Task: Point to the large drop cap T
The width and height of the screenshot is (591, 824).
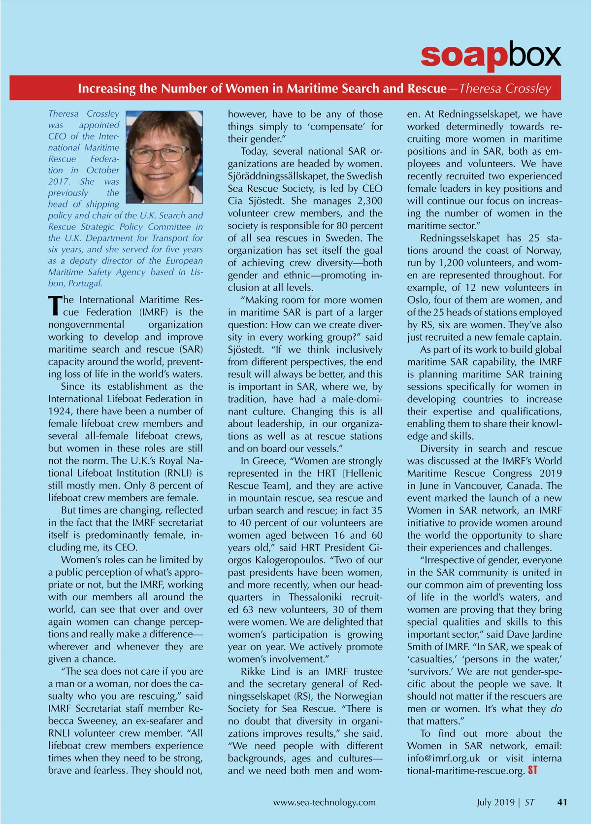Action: tap(55, 306)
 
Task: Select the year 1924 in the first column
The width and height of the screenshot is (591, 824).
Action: tap(60, 412)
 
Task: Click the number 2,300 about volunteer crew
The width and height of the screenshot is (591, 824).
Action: tap(369, 201)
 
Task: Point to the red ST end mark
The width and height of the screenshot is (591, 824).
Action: tap(533, 770)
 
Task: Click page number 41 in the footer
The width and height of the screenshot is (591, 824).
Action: tap(562, 802)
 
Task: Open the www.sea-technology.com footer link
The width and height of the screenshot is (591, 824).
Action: tap(324, 802)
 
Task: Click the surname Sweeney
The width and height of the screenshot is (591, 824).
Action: tap(83, 721)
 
